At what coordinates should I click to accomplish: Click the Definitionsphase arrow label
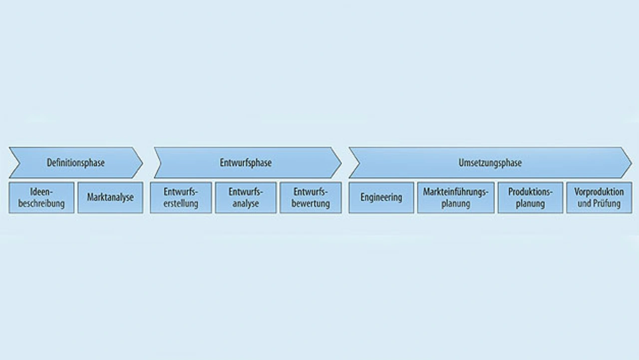click(75, 163)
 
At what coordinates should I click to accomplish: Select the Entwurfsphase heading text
click(246, 163)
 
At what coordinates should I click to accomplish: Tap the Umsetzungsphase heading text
click(490, 163)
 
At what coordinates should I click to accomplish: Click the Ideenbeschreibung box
click(41, 198)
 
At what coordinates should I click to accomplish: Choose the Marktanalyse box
click(110, 198)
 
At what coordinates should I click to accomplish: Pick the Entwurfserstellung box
click(181, 198)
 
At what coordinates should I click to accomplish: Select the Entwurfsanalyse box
click(246, 198)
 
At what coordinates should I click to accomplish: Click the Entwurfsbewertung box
click(311, 198)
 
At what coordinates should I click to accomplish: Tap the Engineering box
click(381, 198)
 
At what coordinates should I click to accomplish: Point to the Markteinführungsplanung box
click(456, 198)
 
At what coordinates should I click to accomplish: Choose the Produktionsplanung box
click(530, 198)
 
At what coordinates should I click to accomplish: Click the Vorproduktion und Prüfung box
click(599, 198)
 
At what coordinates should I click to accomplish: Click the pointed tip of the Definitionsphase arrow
click(142, 163)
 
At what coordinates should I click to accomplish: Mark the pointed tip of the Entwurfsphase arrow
click(341, 163)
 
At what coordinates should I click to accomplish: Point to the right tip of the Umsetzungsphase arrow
click(632, 163)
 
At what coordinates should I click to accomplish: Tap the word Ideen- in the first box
click(41, 192)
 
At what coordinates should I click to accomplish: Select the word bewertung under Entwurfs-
click(311, 204)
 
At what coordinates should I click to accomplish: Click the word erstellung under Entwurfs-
click(181, 204)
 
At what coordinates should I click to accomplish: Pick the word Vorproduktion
click(599, 192)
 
